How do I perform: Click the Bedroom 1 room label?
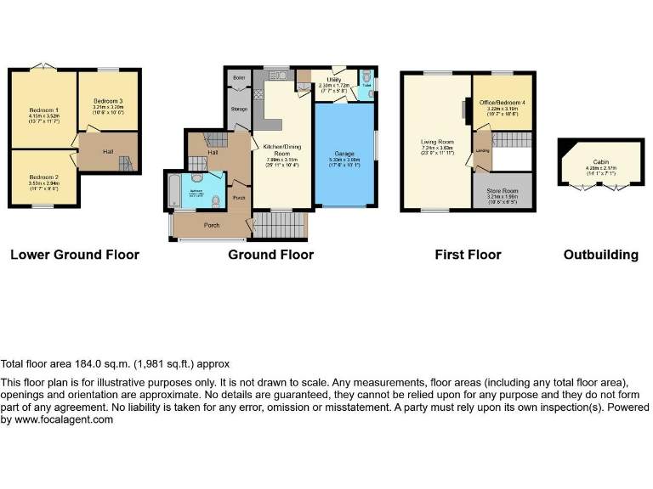[43, 111]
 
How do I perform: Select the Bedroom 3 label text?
[109, 102]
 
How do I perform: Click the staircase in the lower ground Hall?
[126, 162]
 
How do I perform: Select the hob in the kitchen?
[258, 93]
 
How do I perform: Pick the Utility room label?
[332, 79]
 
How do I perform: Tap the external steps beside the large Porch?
[280, 225]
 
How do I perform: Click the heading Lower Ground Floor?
[75, 255]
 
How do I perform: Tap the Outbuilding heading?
[600, 255]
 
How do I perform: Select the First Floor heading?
[468, 255]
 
